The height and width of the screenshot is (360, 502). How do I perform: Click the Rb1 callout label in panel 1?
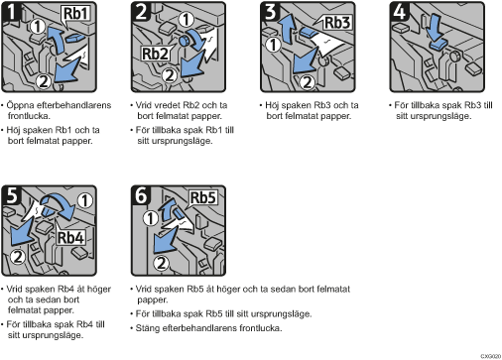pyautogui.click(x=76, y=14)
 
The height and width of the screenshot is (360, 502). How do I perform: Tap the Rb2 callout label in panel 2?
pyautogui.click(x=155, y=54)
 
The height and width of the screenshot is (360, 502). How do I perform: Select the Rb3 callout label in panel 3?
pyautogui.click(x=337, y=23)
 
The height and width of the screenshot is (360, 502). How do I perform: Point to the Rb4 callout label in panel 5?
pyautogui.click(x=70, y=237)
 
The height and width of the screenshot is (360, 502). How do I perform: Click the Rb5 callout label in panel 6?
pyautogui.click(x=203, y=197)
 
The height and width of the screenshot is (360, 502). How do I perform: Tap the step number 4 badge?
pyautogui.click(x=399, y=11)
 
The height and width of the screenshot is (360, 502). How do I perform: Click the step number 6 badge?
pyautogui.click(x=141, y=194)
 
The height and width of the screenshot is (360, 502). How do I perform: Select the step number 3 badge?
pyautogui.click(x=270, y=11)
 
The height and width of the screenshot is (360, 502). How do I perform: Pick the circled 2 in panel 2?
pyautogui.click(x=170, y=75)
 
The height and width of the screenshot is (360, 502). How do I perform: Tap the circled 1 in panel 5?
pyautogui.click(x=84, y=200)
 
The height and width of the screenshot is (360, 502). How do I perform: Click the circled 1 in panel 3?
pyautogui.click(x=273, y=45)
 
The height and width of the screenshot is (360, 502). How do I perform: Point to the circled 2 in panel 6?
pyautogui.click(x=161, y=264)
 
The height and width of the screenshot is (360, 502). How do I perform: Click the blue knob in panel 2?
pyautogui.click(x=184, y=41)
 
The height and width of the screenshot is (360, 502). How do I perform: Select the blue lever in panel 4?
pyautogui.click(x=439, y=44)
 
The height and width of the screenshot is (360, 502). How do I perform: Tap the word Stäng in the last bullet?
pyautogui.click(x=147, y=328)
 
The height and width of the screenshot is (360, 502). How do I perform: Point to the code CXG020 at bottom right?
pyautogui.click(x=491, y=356)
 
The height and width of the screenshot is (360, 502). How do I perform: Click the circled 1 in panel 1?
pyautogui.click(x=38, y=26)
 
